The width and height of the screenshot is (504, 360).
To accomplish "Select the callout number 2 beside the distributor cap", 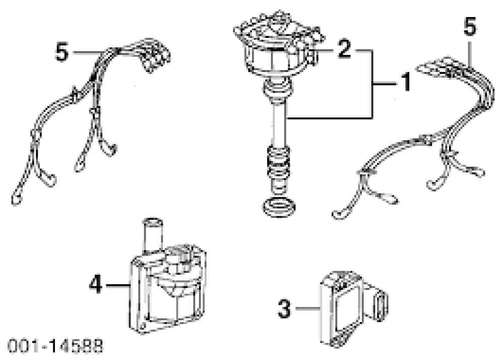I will click(x=344, y=50).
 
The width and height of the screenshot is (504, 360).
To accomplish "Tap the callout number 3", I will click(x=285, y=309).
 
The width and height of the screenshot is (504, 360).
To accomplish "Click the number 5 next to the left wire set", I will click(x=61, y=52).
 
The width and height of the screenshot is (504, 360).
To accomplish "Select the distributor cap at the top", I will click(x=275, y=45).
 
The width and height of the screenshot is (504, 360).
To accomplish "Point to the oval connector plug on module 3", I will click(x=382, y=304).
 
